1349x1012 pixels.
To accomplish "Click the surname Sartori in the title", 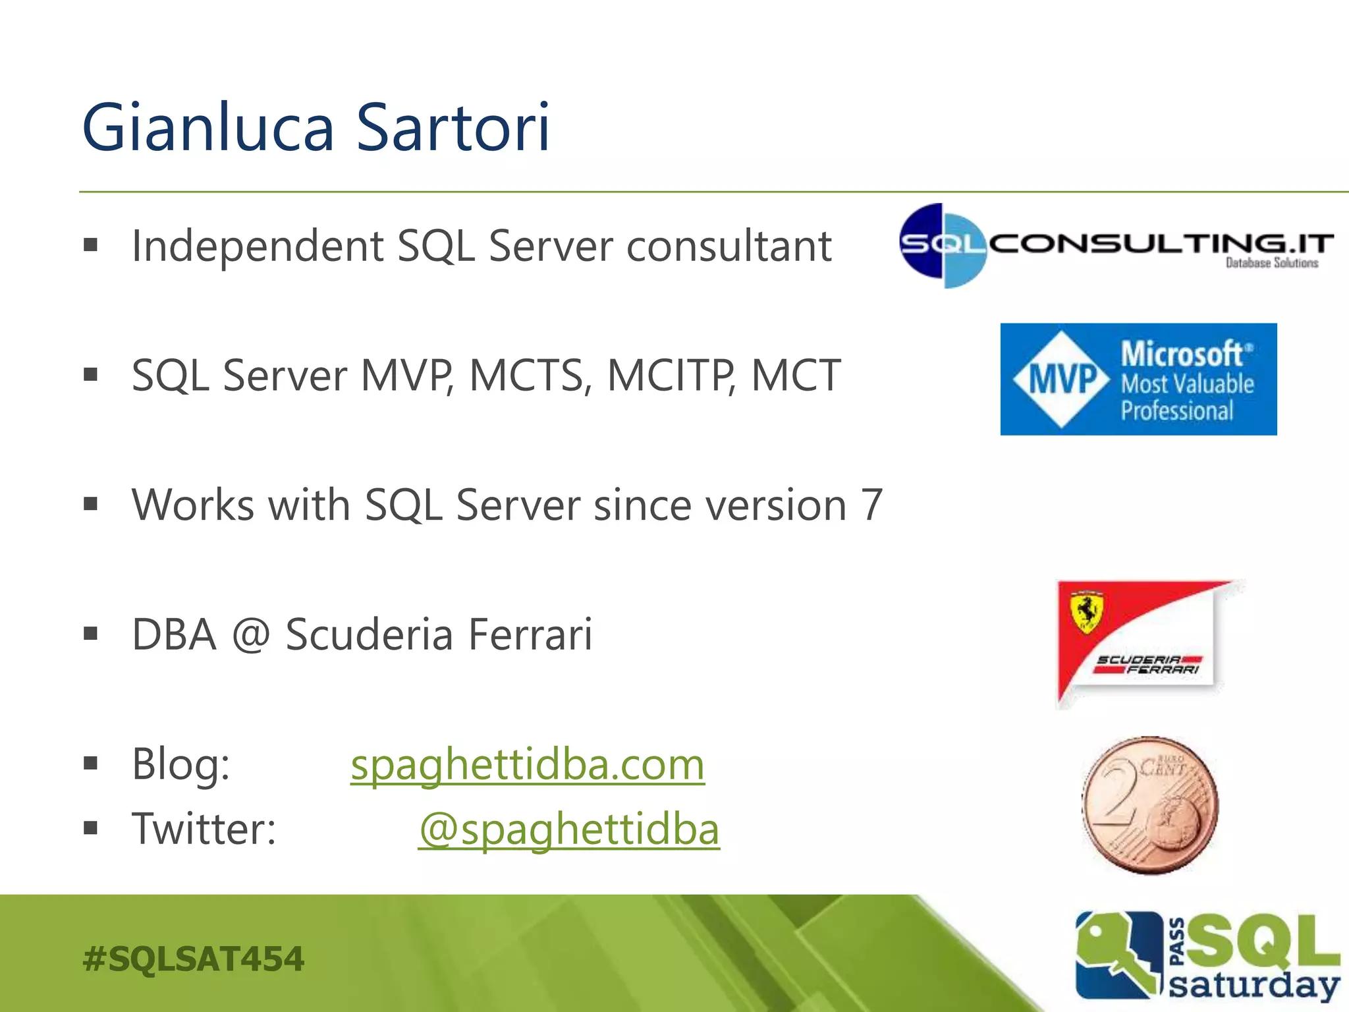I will click(x=453, y=128).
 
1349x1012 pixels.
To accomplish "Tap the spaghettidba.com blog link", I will click(x=527, y=766).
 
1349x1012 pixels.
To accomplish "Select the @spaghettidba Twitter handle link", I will click(x=569, y=829).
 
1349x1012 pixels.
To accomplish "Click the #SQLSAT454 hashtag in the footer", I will click(x=194, y=959).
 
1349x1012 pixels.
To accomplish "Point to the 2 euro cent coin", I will click(x=1149, y=805).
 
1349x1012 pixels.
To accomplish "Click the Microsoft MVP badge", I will click(x=1138, y=379).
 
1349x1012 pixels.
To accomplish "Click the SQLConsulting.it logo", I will click(x=1116, y=246).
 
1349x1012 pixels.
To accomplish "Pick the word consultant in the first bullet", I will click(x=729, y=246).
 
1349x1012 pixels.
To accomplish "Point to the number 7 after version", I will click(x=871, y=505).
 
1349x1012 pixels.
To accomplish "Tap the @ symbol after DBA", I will click(x=250, y=635).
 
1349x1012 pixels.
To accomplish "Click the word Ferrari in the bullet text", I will click(x=530, y=635).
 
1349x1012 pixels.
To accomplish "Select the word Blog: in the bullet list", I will click(x=181, y=765).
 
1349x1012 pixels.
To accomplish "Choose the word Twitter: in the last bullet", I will click(x=204, y=829).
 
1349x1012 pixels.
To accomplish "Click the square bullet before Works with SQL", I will click(x=91, y=505).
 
